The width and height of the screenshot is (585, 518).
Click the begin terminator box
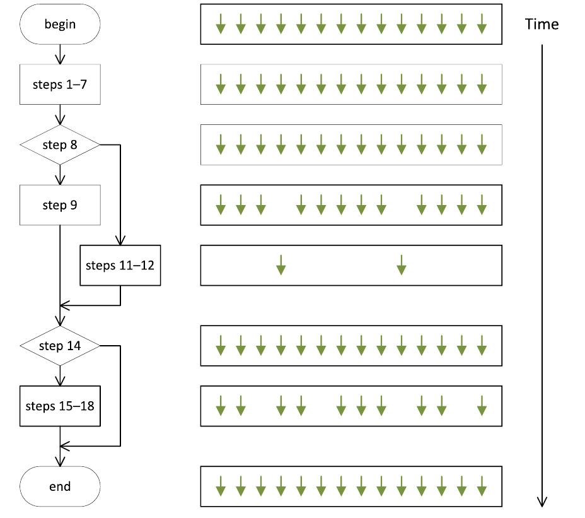click(60, 25)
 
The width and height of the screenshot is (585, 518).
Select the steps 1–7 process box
click(60, 85)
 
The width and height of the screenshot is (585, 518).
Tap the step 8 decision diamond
click(60, 145)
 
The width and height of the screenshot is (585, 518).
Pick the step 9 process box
click(60, 205)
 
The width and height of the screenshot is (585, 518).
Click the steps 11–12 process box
click(120, 265)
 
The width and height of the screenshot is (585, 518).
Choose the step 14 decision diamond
click(60, 346)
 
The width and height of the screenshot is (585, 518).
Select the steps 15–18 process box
click(60, 406)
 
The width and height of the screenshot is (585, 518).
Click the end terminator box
click(60, 486)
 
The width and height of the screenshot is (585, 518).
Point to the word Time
click(542, 25)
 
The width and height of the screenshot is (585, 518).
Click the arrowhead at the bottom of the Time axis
click(542, 501)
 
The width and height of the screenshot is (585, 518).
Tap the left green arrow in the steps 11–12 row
click(281, 265)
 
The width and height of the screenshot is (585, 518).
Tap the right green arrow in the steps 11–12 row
click(402, 265)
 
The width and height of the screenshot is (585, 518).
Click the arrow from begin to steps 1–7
click(60, 55)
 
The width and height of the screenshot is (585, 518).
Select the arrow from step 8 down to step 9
click(60, 175)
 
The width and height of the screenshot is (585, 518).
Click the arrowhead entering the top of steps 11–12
click(120, 240)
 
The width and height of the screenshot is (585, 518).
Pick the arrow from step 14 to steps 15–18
click(60, 377)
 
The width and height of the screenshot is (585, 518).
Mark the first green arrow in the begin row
click(221, 25)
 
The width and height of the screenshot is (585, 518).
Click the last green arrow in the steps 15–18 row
click(482, 406)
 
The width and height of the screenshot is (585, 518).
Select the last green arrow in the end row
click(482, 486)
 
